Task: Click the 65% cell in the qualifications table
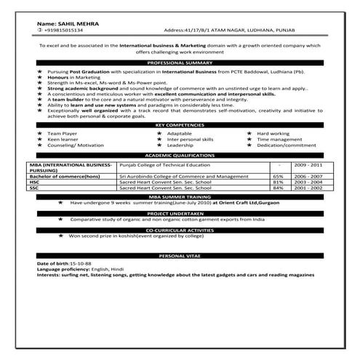278,176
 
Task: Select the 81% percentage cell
278,182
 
